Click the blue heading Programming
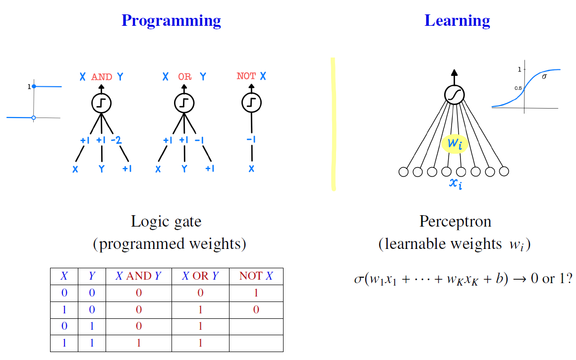click(x=171, y=21)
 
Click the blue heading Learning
click(x=457, y=21)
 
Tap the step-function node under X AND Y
click(x=101, y=103)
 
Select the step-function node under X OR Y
click(x=184, y=103)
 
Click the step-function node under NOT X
click(x=251, y=103)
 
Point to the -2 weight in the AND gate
click(x=116, y=140)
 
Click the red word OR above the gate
click(x=184, y=77)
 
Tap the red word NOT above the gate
click(x=246, y=76)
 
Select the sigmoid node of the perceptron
click(x=454, y=95)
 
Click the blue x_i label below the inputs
click(x=456, y=184)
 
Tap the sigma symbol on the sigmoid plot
click(x=544, y=77)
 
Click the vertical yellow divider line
click(x=333, y=124)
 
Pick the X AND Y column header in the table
click(x=138, y=276)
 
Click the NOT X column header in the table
click(x=256, y=276)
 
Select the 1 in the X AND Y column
click(x=138, y=343)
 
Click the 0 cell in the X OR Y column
click(x=200, y=293)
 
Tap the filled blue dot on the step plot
click(x=34, y=87)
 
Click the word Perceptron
click(x=455, y=221)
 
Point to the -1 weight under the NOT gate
click(x=251, y=140)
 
